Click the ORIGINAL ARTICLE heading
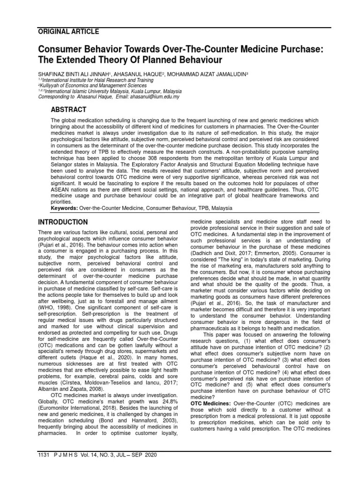(x=68, y=32)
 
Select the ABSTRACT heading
(x=68, y=110)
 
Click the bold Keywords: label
(x=65, y=208)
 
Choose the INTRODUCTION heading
(x=62, y=222)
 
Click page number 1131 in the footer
(x=43, y=454)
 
